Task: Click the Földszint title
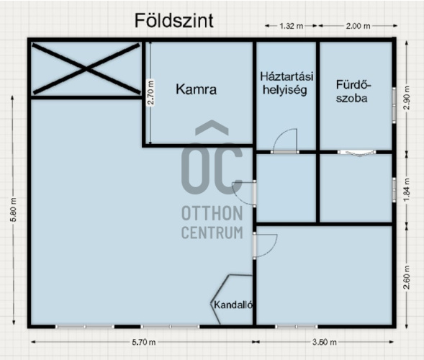click(174, 21)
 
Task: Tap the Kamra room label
click(196, 89)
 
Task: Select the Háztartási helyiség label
click(286, 83)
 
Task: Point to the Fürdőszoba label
click(353, 91)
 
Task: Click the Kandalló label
click(233, 305)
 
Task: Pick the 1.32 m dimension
click(291, 26)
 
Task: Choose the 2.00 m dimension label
click(358, 26)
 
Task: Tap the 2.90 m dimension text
click(407, 97)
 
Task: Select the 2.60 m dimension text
click(407, 277)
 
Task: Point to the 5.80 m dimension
click(14, 210)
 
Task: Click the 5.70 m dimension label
click(143, 342)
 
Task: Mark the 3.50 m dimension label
click(324, 342)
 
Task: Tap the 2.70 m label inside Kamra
click(151, 92)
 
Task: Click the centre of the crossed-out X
click(86, 69)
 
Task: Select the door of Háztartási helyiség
click(285, 141)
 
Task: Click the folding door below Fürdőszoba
click(356, 152)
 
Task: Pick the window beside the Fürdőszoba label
click(394, 105)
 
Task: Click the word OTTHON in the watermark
click(212, 213)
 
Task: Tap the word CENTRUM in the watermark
click(212, 233)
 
